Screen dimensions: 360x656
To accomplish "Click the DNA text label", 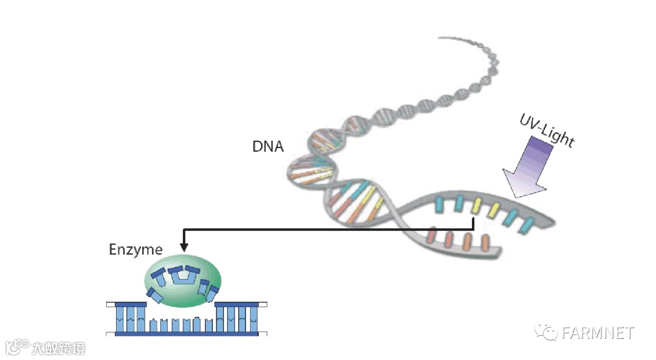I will (x=268, y=146).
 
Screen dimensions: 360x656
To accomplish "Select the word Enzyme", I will (x=135, y=250).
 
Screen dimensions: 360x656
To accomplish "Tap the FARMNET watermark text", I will (x=598, y=333).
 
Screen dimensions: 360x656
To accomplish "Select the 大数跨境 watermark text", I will (x=58, y=348).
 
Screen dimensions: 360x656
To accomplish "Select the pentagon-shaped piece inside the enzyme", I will (x=180, y=276).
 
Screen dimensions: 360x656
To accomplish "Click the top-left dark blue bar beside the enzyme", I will (x=126, y=303).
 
